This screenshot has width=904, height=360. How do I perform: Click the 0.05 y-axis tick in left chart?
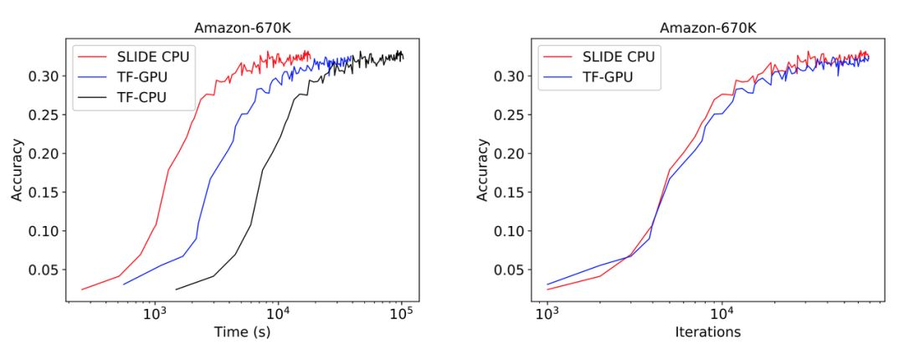(x=46, y=270)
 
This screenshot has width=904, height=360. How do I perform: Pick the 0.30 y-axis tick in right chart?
(x=512, y=76)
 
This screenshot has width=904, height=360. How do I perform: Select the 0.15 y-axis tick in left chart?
(x=46, y=193)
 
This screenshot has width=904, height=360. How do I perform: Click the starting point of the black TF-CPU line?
(x=176, y=290)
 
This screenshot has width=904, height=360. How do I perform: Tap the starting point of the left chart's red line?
(x=81, y=290)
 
